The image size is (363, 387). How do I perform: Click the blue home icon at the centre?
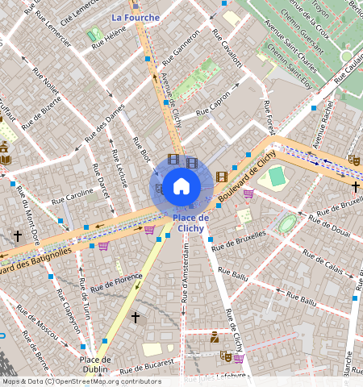click(x=181, y=186)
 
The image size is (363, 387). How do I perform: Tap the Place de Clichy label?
click(x=191, y=223)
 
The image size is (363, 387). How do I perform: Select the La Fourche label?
click(x=136, y=17)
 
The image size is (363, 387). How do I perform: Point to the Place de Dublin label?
click(x=94, y=364)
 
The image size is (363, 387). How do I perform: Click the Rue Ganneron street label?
click(x=181, y=51)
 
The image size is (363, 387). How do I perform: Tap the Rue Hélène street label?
click(x=109, y=38)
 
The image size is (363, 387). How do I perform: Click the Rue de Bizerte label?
click(x=40, y=106)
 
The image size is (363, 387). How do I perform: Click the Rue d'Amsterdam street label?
click(x=186, y=274)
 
